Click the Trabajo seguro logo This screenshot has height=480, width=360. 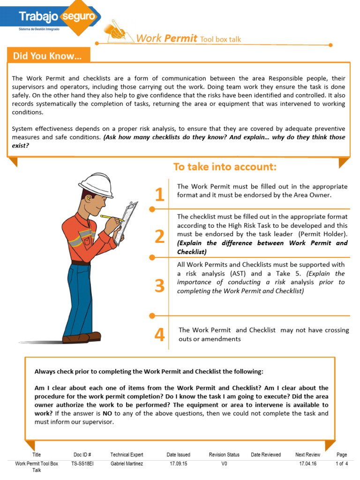click(59, 17)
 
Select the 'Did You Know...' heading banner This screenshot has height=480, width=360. click(47, 56)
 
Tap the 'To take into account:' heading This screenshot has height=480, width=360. click(225, 167)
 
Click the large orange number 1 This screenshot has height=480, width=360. click(160, 195)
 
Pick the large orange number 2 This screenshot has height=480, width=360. click(160, 237)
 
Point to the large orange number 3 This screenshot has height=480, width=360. click(160, 285)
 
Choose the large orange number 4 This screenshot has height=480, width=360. click(160, 335)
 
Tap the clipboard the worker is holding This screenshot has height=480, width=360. click(127, 222)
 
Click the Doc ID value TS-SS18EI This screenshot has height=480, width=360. click(82, 464)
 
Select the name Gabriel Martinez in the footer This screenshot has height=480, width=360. click(127, 464)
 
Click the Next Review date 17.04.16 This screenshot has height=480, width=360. click(307, 464)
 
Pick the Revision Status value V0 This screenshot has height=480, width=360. click(224, 464)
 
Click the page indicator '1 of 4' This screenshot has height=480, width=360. click(341, 464)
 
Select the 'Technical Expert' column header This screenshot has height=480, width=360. click(127, 455)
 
